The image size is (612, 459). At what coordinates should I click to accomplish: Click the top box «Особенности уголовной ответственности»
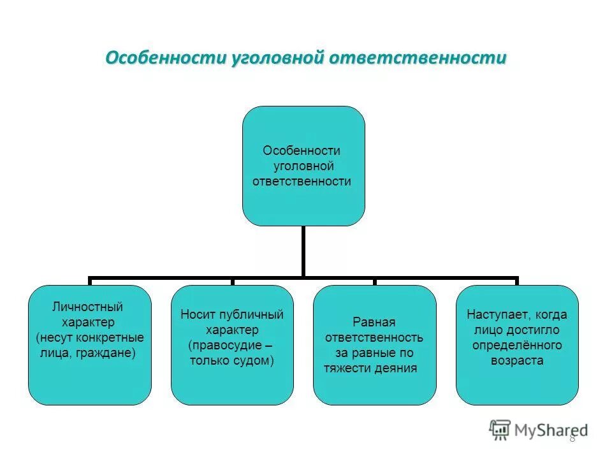coord(303,166)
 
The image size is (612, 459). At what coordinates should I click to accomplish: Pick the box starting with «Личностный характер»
coord(90,345)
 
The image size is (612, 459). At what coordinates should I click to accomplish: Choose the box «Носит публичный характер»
coord(232,345)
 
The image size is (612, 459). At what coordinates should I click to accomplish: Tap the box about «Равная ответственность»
coord(375,345)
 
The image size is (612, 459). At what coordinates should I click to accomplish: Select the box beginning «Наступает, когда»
coord(517,345)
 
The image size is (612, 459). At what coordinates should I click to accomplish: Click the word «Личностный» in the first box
coord(87,307)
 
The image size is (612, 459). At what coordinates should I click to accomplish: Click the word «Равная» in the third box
coord(374,322)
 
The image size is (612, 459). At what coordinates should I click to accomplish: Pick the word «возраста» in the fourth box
coord(517,360)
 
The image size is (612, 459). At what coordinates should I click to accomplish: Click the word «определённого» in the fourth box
coord(517,345)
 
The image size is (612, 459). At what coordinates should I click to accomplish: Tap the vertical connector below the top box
coord(303,251)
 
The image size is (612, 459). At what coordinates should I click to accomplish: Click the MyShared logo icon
coord(500,429)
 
